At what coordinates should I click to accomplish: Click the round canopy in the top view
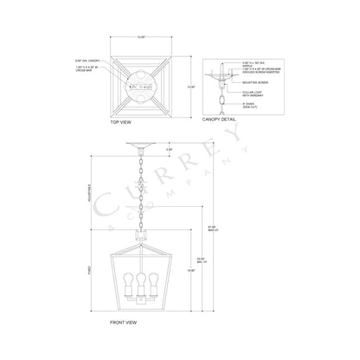pos(140,86)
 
